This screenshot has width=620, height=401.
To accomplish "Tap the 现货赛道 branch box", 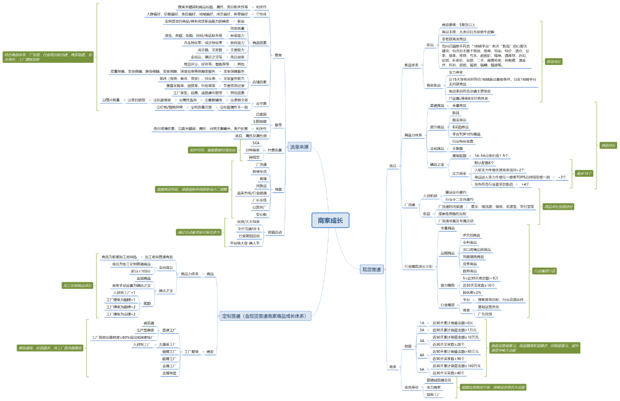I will (372, 269).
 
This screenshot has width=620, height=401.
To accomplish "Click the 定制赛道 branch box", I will (264, 316).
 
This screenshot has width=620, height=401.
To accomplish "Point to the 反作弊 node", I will (261, 103).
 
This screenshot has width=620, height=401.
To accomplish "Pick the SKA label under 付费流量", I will (256, 143).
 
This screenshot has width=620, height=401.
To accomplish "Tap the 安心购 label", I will (261, 215).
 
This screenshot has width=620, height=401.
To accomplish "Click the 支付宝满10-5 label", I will (249, 229).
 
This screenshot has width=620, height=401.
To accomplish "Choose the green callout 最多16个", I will (584, 173).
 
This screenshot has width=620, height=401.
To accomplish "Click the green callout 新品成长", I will (553, 62).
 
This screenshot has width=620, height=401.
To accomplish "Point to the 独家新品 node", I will (434, 85).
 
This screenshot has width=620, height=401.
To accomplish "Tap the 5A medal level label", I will (422, 370).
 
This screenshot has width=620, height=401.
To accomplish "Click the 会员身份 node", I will (411, 387).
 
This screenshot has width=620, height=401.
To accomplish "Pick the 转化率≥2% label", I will (472, 293).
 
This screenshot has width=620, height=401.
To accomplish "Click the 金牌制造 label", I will (169, 373).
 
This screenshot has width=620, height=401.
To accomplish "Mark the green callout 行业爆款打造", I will (544, 271).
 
